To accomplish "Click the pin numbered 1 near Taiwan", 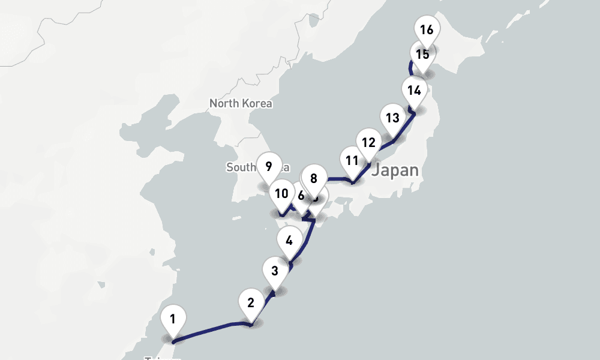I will coord(173,319).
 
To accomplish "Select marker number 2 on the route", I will coord(251,302).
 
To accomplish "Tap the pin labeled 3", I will coord(275,270).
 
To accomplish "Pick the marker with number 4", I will coord(289,241).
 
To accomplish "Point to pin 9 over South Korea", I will coord(268,166).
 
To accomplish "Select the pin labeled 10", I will coord(280,193).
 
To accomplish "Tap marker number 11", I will coord(352,160).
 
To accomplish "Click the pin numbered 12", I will coord(368,142).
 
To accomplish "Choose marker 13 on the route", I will coord(392,118).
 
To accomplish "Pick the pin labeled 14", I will coord(413,91).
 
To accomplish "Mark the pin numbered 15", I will coord(422,54).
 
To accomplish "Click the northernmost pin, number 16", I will coord(427,29).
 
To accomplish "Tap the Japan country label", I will coord(395,170).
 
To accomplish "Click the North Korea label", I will coord(241,103).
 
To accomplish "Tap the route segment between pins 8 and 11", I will coord(336,178).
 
